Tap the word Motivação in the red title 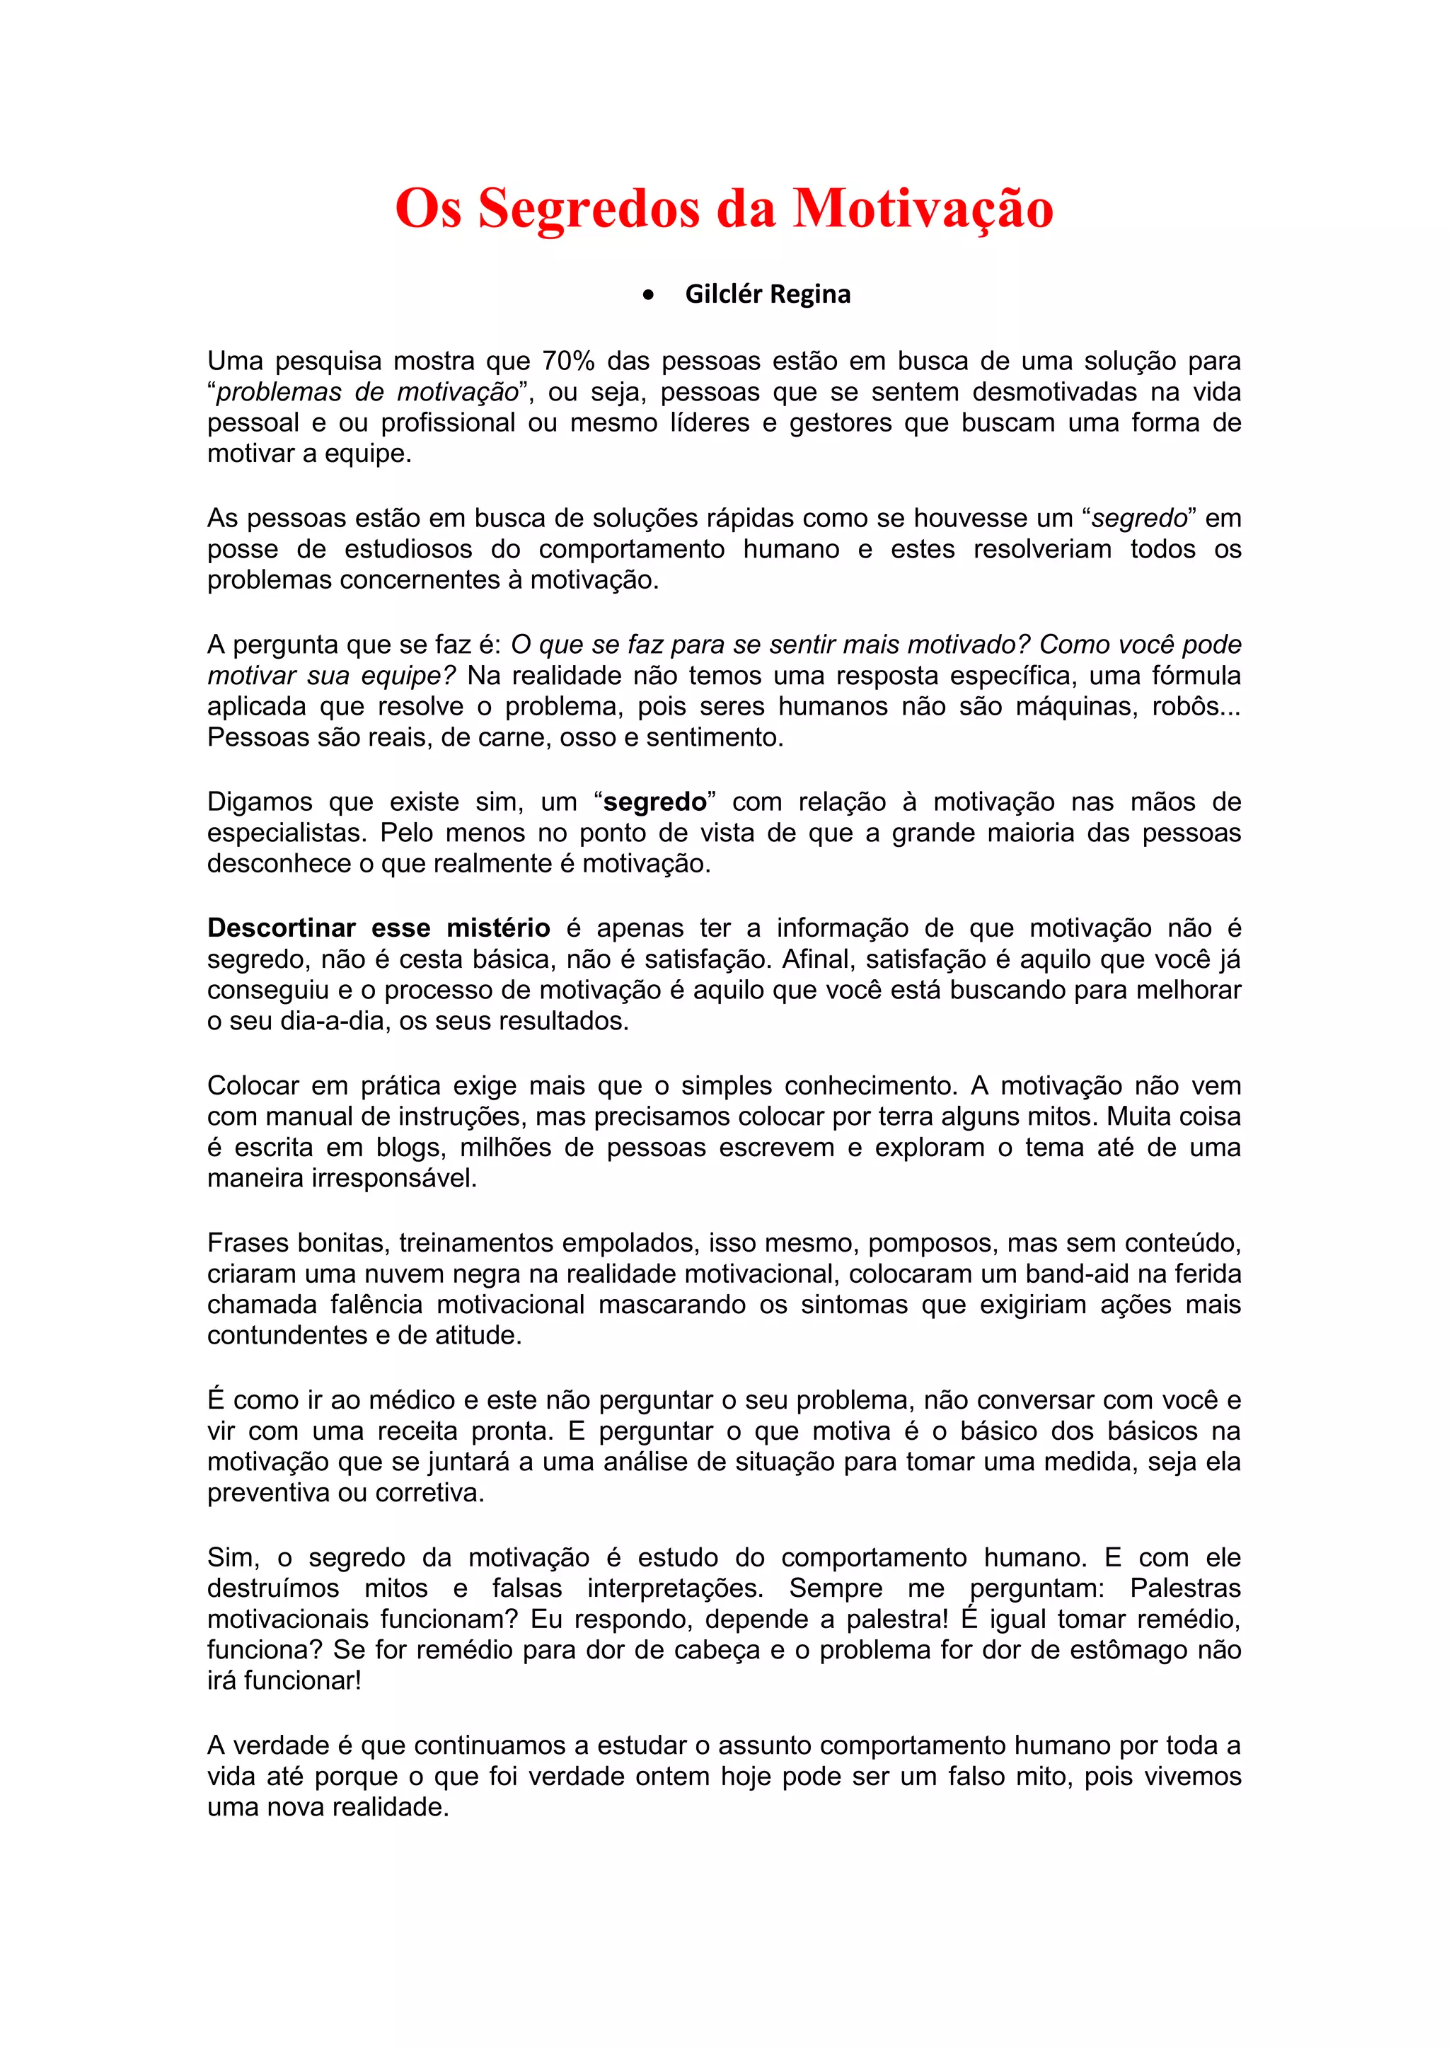click(x=923, y=209)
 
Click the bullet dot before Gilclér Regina click(x=649, y=294)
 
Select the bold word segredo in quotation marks click(x=655, y=802)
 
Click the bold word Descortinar click(x=281, y=928)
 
